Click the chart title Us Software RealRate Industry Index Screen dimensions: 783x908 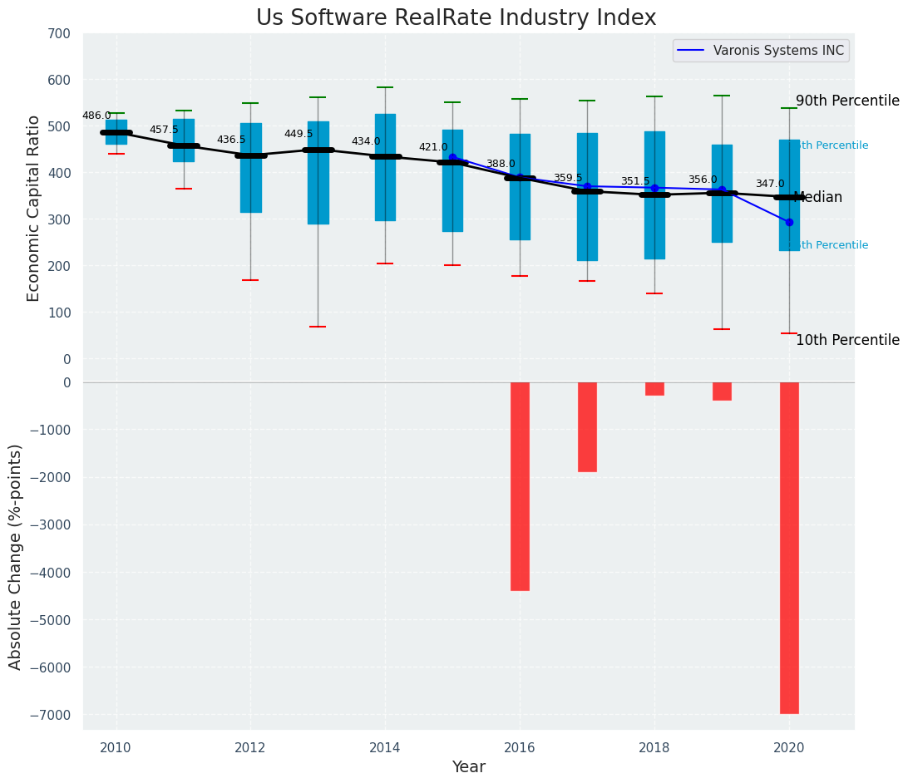[456, 17]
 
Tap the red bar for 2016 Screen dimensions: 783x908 [520, 486]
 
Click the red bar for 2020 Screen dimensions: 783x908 [789, 547]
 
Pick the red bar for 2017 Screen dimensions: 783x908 [587, 426]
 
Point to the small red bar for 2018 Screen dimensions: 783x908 [654, 389]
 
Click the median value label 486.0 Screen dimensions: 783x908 [96, 116]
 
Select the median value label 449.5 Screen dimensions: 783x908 [299, 134]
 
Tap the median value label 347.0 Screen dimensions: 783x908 [770, 184]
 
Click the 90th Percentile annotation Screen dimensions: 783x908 [847, 101]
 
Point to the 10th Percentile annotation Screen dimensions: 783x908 [847, 340]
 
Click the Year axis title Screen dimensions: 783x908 [468, 767]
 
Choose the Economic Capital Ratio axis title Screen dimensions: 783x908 [34, 196]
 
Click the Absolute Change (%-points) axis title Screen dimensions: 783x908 [16, 556]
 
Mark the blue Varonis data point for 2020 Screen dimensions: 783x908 [789, 222]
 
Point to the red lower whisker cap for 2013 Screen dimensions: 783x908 [318, 327]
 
